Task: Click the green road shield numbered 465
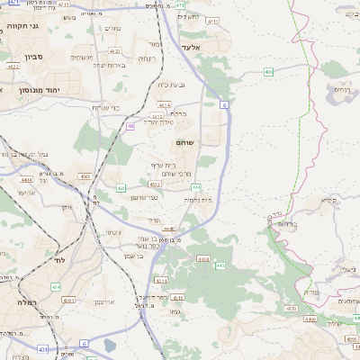point(269,71)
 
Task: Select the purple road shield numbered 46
point(130,127)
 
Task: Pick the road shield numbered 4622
point(14,65)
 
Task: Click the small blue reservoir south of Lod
point(110,345)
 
